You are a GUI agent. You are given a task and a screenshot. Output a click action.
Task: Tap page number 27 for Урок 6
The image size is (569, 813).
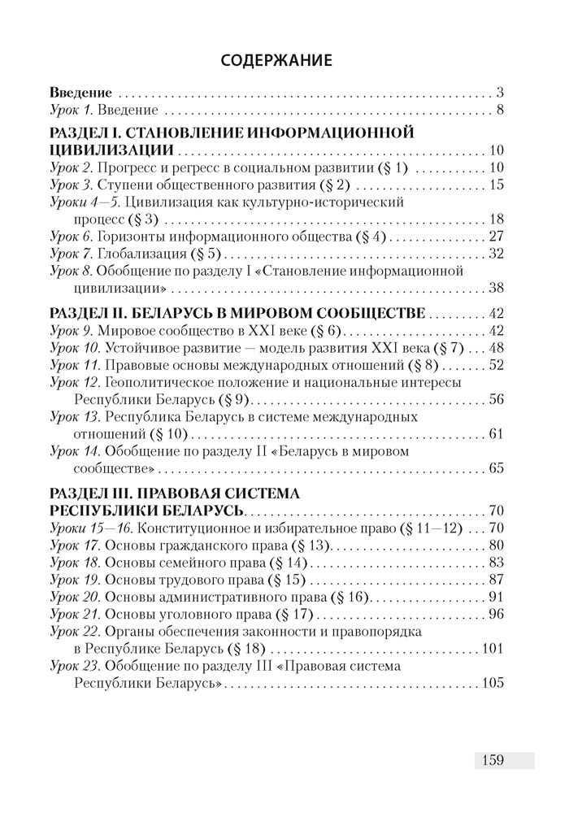coord(497,237)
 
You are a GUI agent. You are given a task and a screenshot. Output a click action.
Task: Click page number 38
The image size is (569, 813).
coord(497,289)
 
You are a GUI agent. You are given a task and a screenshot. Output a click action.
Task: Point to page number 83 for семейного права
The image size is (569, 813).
coord(497,563)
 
